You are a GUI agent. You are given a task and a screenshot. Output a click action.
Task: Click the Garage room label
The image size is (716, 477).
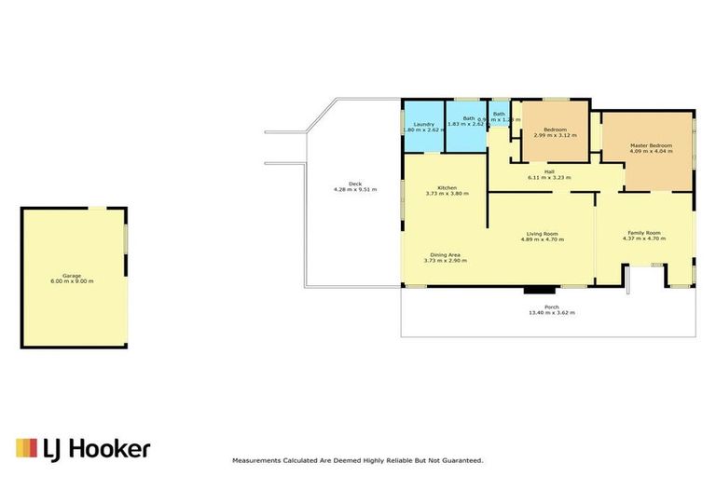tap(72, 275)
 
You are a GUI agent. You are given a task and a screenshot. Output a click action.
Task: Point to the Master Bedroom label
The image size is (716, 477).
tap(651, 145)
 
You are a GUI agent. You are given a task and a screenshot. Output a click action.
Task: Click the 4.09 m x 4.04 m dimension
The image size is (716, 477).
tap(651, 152)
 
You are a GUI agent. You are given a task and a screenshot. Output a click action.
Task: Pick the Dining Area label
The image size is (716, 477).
tap(445, 254)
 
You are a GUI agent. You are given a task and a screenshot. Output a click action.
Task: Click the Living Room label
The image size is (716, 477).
tap(542, 233)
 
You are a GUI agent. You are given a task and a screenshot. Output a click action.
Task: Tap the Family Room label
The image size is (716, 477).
tap(643, 232)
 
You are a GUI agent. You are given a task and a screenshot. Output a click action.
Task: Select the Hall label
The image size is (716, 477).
tap(549, 171)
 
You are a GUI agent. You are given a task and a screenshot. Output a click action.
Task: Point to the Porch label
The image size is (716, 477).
tap(551, 307)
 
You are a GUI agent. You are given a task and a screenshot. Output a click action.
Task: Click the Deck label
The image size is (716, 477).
tap(355, 184)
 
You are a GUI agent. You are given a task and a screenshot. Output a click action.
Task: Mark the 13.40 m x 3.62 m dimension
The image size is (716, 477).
tap(551, 313)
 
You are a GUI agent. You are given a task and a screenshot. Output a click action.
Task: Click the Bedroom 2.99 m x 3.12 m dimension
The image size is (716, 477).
tap(555, 135)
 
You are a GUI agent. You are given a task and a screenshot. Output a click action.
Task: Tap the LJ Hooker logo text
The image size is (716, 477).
tap(97, 449)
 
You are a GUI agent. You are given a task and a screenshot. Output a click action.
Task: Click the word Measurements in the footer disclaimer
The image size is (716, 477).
tap(257, 460)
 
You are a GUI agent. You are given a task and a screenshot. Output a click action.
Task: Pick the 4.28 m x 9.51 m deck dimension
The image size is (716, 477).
tap(355, 190)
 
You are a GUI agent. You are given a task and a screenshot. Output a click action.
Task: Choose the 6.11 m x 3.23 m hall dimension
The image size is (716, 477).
tap(549, 177)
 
